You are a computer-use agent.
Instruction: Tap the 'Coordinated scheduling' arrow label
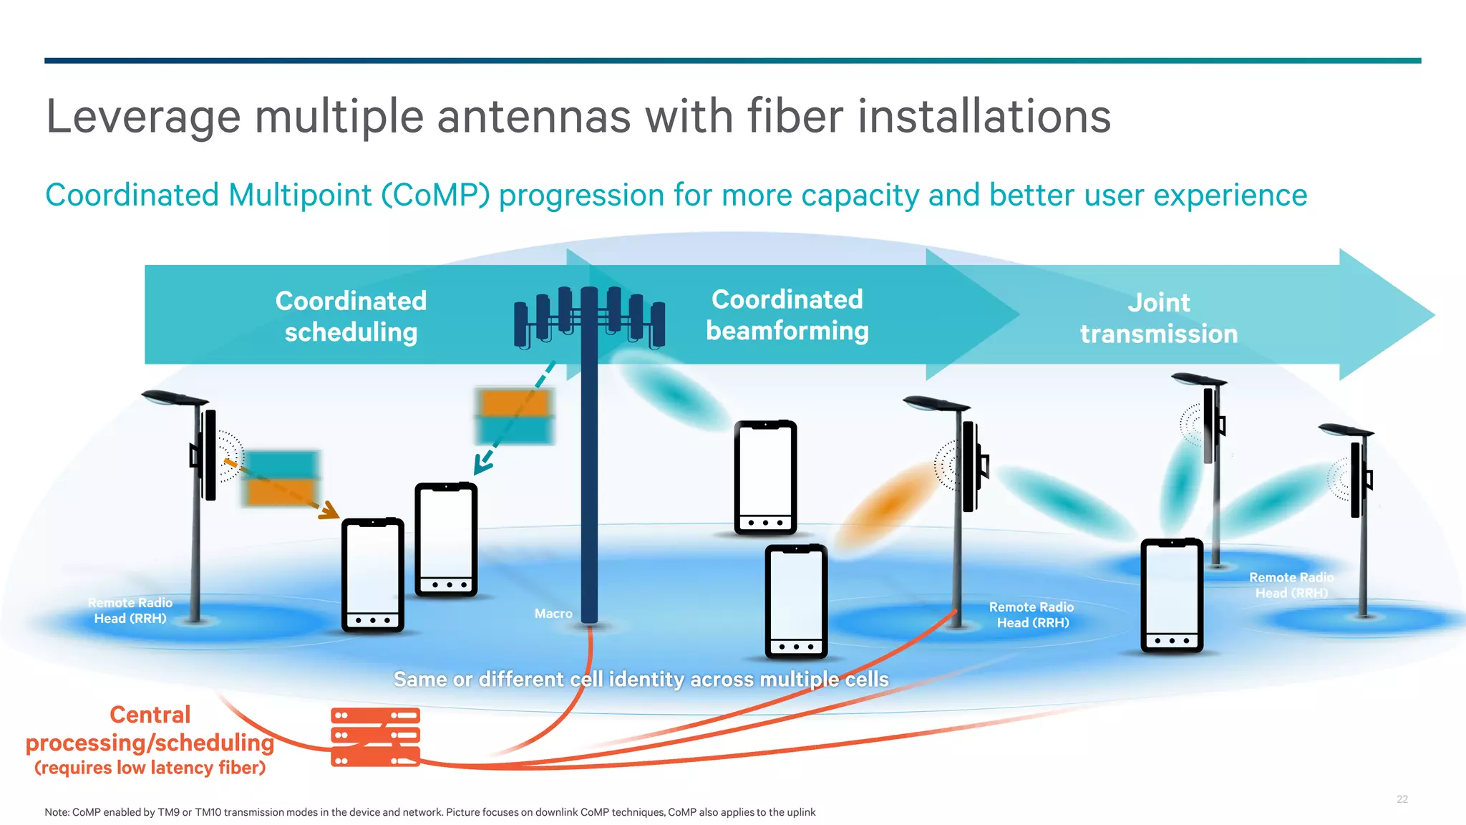(x=351, y=316)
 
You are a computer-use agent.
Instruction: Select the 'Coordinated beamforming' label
(x=787, y=314)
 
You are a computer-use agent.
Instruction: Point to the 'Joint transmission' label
(x=1158, y=318)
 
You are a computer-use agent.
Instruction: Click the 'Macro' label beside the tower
(x=553, y=614)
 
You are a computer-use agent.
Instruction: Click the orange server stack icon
(x=375, y=737)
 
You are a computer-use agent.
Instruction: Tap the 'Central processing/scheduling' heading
(x=150, y=728)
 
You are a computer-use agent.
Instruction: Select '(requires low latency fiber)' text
(x=150, y=768)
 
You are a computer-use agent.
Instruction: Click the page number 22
(x=1402, y=799)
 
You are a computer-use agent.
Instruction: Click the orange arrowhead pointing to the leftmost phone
(x=330, y=511)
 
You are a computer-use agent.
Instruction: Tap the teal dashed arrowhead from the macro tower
(x=482, y=465)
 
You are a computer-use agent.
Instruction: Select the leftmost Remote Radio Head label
(x=130, y=610)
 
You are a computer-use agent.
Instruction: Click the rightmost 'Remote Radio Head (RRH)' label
(x=1291, y=585)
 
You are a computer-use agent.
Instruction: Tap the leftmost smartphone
(x=372, y=575)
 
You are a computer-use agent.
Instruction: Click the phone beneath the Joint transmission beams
(x=1171, y=596)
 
